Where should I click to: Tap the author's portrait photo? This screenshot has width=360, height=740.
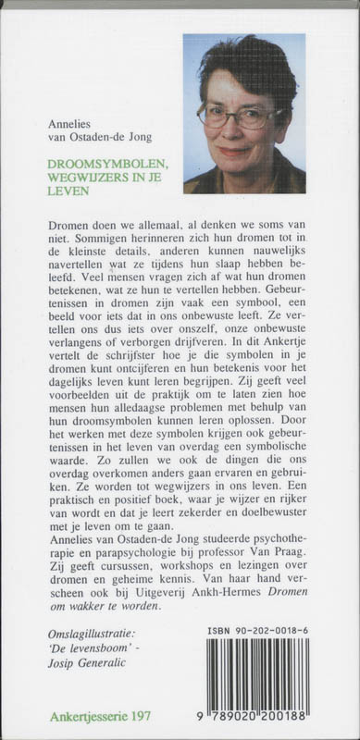tap(244, 112)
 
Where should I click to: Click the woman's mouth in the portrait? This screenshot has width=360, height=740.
tap(235, 148)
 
